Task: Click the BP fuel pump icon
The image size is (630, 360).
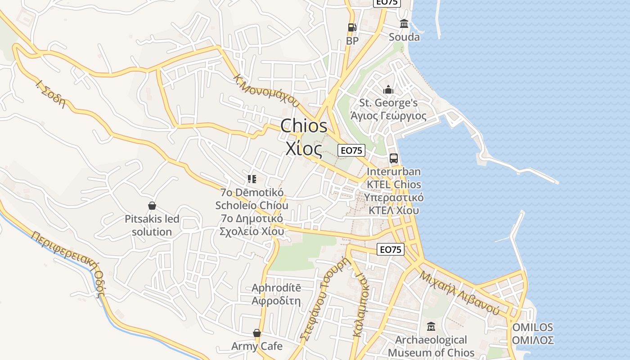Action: (x=352, y=27)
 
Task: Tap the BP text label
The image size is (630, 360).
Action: (x=352, y=41)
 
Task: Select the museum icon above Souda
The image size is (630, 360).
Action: (x=404, y=24)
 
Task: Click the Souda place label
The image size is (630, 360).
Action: (x=404, y=37)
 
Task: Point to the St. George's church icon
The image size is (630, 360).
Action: (x=388, y=90)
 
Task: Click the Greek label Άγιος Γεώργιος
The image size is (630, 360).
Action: (x=388, y=116)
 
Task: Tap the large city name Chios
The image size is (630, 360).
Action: (x=304, y=126)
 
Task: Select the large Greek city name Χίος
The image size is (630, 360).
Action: (x=304, y=148)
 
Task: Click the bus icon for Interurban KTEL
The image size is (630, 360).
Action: (x=394, y=158)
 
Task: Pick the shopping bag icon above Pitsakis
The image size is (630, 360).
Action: (x=152, y=206)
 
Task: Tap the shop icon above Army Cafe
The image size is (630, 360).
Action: (x=257, y=333)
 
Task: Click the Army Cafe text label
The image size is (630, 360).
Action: (x=257, y=346)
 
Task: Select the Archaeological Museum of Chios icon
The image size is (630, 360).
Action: (x=431, y=326)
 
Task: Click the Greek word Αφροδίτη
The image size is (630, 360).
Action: (x=276, y=301)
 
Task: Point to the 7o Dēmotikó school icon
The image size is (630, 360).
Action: (x=252, y=179)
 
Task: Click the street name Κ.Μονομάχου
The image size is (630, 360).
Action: (x=266, y=90)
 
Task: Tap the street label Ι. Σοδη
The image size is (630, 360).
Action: (x=50, y=94)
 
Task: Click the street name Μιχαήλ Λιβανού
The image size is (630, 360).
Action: (x=459, y=293)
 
